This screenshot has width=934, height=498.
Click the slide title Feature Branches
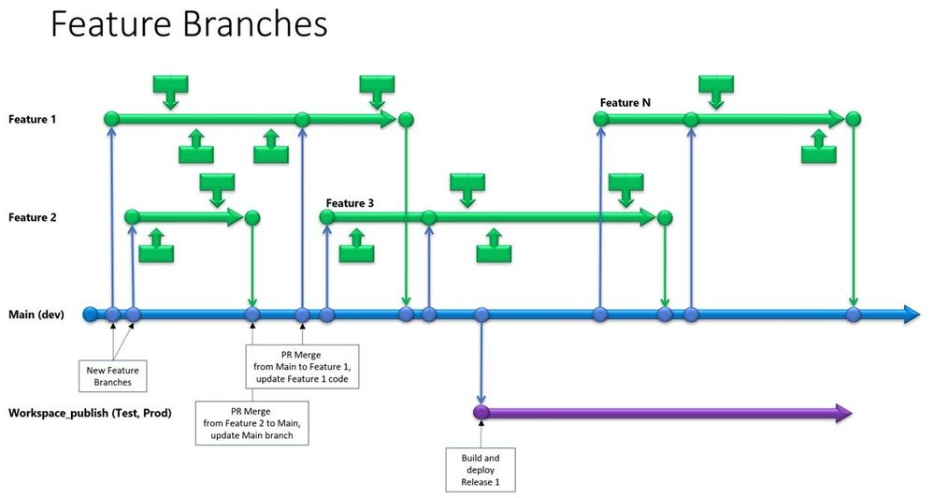188,24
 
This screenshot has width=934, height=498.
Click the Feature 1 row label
33,119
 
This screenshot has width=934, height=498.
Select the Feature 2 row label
33,217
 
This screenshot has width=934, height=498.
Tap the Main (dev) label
36,315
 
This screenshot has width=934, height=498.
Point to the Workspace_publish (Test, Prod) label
89,412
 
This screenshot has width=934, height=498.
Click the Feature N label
625,102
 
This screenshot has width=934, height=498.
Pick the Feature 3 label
351,202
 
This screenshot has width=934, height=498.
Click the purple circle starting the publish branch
481,413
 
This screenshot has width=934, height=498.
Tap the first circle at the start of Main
90,315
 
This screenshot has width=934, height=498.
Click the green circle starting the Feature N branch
600,119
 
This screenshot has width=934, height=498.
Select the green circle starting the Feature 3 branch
326,217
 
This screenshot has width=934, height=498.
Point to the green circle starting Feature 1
111,119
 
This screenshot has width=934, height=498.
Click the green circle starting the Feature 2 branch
132,217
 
